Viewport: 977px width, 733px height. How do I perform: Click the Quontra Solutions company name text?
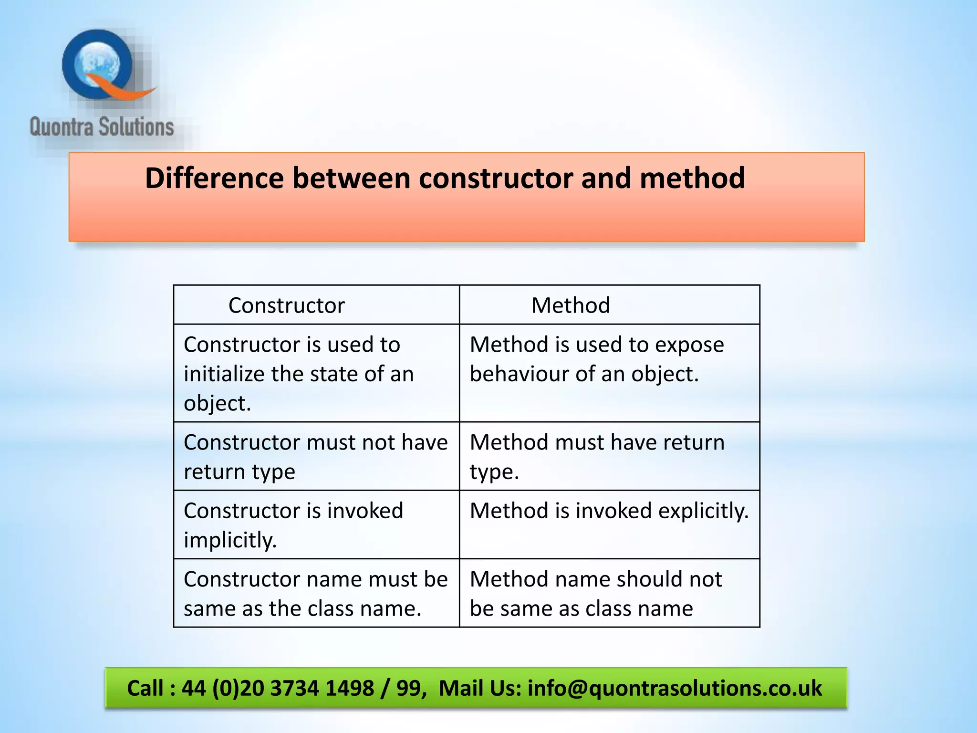(x=102, y=127)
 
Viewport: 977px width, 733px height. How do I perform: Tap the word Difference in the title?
(x=214, y=178)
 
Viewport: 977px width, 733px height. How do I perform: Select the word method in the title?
(x=692, y=178)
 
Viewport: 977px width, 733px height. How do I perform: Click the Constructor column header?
(x=286, y=305)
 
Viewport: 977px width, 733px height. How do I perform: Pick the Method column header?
(x=571, y=305)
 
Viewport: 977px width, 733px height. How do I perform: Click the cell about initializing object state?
(x=316, y=373)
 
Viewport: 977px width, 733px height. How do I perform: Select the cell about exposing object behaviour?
(x=609, y=373)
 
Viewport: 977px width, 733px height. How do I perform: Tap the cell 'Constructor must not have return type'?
(x=316, y=456)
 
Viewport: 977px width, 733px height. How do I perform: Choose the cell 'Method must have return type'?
(x=609, y=456)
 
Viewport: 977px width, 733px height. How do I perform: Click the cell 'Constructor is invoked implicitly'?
(x=316, y=524)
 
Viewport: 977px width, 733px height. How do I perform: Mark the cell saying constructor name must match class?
(x=316, y=593)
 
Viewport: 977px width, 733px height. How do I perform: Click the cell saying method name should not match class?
(x=609, y=593)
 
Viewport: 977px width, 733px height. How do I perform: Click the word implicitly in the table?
(x=230, y=540)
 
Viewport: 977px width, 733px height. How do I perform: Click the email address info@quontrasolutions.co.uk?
(x=675, y=688)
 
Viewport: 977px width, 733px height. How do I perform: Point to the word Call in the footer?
(x=145, y=688)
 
